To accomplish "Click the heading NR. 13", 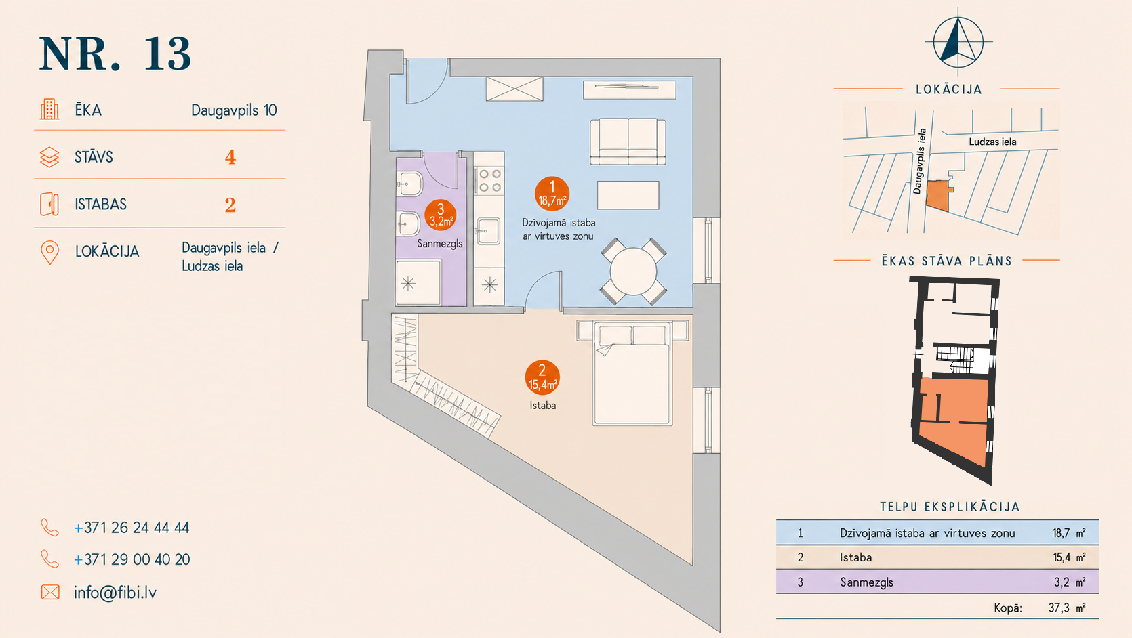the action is click(115, 54).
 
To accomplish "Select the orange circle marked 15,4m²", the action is click(542, 377).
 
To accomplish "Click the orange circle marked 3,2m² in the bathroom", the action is click(441, 215).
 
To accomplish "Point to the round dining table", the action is click(633, 271).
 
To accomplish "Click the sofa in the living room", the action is click(628, 142).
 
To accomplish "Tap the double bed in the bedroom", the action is click(632, 373).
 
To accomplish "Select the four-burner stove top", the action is click(489, 181).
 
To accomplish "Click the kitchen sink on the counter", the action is click(488, 231).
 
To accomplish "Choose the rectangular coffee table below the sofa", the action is click(628, 195).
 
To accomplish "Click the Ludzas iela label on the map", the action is click(992, 142).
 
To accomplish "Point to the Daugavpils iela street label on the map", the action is click(920, 161).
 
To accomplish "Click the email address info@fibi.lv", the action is click(115, 592).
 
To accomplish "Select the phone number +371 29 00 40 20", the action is click(132, 559).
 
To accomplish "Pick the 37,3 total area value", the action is click(1059, 608).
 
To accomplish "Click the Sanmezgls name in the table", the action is click(866, 582).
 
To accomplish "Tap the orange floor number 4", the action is click(230, 158).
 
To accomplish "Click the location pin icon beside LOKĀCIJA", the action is click(49, 253).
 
